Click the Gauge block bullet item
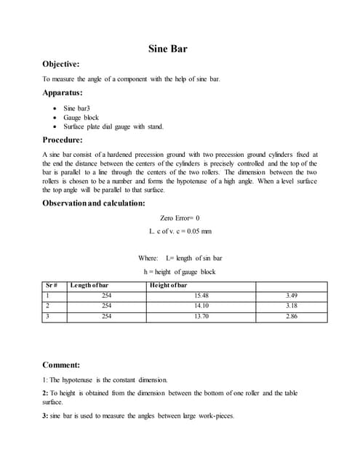point(81,117)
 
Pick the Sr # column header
point(52,286)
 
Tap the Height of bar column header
point(168,286)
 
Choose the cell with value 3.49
point(292,296)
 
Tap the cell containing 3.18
point(292,306)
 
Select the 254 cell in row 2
point(106,306)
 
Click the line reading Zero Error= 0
point(179,218)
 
